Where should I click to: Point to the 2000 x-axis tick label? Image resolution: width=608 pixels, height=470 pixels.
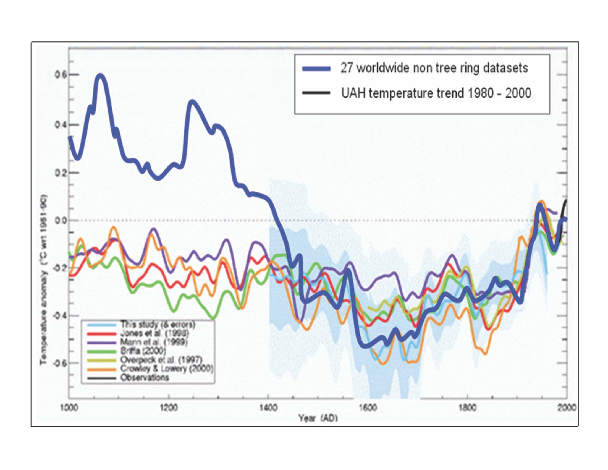coord(566,408)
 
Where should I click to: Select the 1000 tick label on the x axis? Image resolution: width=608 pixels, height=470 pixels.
coord(69,408)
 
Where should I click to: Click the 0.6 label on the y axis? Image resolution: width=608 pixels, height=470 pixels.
coord(59,75)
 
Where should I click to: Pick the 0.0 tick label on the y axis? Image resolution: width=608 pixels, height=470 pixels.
coord(59,221)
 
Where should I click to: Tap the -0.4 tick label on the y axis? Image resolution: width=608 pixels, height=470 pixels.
coord(58,316)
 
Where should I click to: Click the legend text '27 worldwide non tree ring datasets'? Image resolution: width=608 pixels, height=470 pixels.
coord(434,68)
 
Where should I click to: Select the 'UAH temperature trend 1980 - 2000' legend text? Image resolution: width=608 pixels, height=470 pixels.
coord(436,93)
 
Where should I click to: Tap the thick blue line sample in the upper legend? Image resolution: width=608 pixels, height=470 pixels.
coord(316,69)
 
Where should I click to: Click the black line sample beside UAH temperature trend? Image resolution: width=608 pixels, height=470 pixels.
coord(316,93)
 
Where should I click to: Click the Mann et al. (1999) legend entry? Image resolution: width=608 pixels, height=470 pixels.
coord(154,342)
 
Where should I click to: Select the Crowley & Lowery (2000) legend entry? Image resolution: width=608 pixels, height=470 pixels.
coord(166,369)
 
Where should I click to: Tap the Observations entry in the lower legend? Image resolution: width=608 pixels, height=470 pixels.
coord(145,378)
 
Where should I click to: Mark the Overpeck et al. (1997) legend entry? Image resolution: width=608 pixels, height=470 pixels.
coord(161,360)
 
